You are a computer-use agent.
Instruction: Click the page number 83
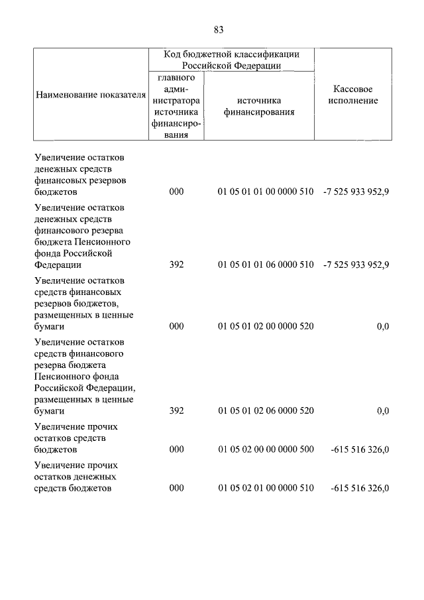pyautogui.click(x=219, y=29)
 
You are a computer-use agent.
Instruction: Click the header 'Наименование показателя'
pyautogui.click(x=89, y=95)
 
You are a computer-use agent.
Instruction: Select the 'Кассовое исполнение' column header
pyautogui.click(x=357, y=95)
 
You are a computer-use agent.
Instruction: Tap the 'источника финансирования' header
pyautogui.click(x=258, y=106)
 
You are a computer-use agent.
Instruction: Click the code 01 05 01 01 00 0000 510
pyautogui.click(x=265, y=192)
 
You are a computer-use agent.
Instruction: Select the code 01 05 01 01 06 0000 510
pyautogui.click(x=265, y=265)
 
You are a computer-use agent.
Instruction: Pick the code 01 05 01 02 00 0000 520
pyautogui.click(x=265, y=326)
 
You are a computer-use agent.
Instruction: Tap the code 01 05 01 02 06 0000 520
pyautogui.click(x=265, y=411)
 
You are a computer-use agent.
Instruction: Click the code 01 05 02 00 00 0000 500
pyautogui.click(x=265, y=450)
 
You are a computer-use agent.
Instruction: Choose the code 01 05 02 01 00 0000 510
pyautogui.click(x=265, y=489)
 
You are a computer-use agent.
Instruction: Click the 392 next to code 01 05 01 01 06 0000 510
pyautogui.click(x=176, y=265)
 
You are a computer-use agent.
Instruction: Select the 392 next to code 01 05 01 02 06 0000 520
pyautogui.click(x=176, y=411)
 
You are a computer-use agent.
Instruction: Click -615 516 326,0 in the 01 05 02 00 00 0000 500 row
pyautogui.click(x=359, y=450)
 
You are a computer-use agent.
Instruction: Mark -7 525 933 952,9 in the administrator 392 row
pyautogui.click(x=356, y=265)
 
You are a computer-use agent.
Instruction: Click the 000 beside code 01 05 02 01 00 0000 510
pyautogui.click(x=176, y=489)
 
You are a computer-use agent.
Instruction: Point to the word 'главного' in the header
pyautogui.click(x=176, y=78)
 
